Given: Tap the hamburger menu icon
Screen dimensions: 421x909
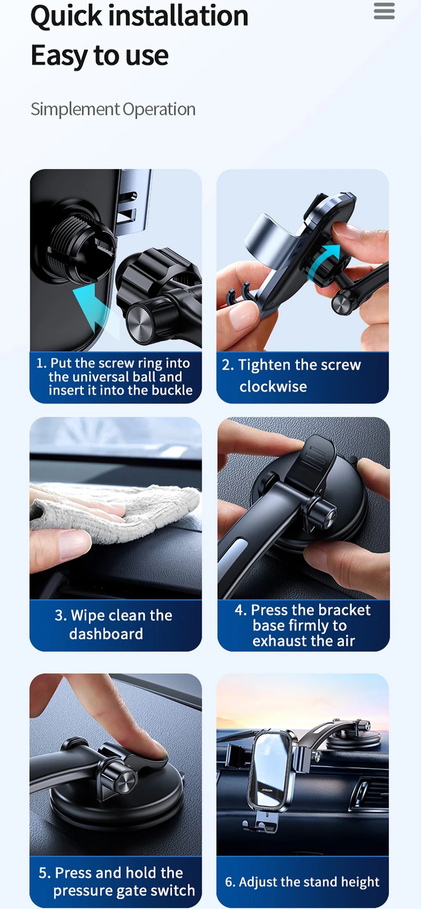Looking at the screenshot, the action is pyautogui.click(x=384, y=11).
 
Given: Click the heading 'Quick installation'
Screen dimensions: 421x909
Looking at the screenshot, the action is pyautogui.click(x=139, y=16).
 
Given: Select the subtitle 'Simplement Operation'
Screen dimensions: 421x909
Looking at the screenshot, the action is pyautogui.click(x=113, y=109).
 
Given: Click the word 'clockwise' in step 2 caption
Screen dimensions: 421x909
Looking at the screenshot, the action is pyautogui.click(x=273, y=386).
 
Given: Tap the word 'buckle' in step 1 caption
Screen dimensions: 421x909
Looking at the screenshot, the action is pyautogui.click(x=172, y=390).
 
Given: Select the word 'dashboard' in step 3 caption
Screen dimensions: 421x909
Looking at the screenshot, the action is pyautogui.click(x=106, y=634).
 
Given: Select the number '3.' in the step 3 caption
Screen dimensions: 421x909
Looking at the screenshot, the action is pyautogui.click(x=61, y=615).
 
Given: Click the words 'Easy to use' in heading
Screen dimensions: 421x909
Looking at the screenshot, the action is pyautogui.click(x=100, y=56).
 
